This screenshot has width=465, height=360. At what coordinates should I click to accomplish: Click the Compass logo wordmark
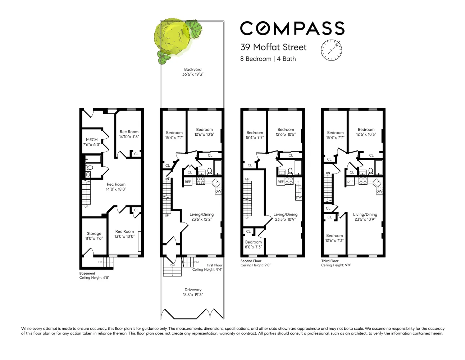292,28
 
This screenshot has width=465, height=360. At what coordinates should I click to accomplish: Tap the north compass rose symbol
331,50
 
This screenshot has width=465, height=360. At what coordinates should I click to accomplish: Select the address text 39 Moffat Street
273,47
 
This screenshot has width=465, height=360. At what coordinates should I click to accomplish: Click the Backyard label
193,72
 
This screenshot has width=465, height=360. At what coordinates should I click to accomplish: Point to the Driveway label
193,292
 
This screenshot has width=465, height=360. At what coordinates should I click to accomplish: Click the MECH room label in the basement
92,142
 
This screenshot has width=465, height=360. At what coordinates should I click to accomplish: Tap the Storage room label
94,236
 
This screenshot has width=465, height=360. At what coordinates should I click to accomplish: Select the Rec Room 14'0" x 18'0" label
116,186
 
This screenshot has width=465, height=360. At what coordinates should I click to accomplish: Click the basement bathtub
93,159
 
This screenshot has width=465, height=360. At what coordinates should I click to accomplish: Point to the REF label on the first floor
188,182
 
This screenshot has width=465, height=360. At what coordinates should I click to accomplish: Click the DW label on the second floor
299,197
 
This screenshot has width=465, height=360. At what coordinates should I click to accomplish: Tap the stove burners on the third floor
363,181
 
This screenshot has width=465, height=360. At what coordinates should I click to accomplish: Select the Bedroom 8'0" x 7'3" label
254,244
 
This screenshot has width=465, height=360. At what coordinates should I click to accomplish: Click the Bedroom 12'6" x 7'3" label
334,238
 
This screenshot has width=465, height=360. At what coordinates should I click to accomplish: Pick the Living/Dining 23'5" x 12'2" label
202,217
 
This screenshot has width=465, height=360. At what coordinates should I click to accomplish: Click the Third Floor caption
330,261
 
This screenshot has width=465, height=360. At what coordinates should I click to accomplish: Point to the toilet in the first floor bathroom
210,171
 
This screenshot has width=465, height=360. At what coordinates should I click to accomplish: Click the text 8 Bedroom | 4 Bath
268,59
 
